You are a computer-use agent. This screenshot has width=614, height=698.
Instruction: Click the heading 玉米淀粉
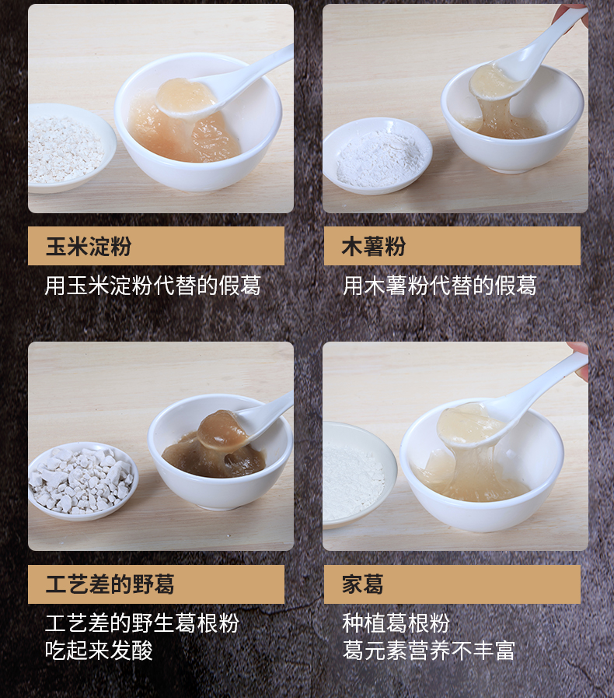88,247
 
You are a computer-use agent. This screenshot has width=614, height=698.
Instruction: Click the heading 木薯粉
374,247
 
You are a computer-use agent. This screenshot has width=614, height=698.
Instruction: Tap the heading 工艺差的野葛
109,584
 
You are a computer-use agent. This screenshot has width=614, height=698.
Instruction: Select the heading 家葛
363,584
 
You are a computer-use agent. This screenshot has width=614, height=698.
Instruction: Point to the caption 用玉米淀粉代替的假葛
152,286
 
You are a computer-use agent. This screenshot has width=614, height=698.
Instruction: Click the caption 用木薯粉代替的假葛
439,286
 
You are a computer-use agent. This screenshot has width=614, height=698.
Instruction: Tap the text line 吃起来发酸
99,651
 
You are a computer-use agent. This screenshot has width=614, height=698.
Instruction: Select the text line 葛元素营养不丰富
428,651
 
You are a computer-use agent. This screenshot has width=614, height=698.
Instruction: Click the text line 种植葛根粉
396,623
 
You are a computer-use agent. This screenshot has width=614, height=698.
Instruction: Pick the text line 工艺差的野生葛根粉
141,623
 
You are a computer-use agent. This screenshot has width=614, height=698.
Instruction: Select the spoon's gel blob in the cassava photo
491,81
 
